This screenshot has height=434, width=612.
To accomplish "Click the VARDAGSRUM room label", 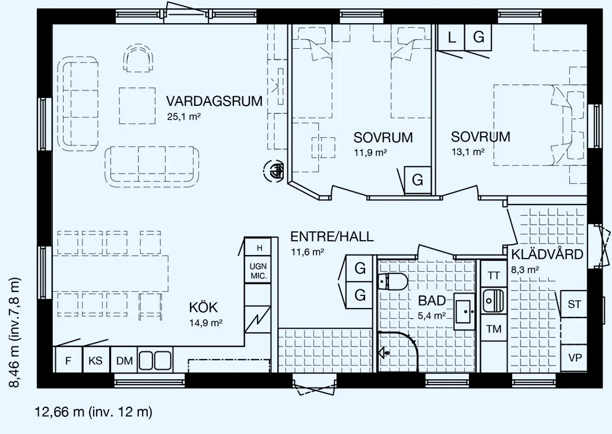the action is (x=214, y=101).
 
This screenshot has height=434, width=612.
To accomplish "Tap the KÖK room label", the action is (x=204, y=307).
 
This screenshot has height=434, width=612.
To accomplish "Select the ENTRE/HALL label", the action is (x=332, y=237).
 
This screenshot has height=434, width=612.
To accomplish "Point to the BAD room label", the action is (x=432, y=301).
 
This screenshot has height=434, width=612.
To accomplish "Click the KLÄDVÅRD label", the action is (x=547, y=254).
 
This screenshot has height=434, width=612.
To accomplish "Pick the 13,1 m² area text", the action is (x=468, y=152).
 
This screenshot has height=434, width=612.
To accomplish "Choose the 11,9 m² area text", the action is (x=370, y=152).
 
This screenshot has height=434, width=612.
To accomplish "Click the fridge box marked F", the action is (x=68, y=360).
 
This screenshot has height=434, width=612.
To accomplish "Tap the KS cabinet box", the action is (x=96, y=360).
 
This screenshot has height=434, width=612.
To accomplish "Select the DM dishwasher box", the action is (x=125, y=360).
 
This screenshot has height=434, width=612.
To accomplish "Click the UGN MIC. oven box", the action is (x=258, y=270).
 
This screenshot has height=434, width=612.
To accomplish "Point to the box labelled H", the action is (x=258, y=247).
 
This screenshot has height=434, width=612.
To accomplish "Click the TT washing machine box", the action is (x=494, y=275).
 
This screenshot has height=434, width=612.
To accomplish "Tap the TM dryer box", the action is (x=494, y=329).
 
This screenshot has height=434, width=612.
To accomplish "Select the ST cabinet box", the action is (x=574, y=304).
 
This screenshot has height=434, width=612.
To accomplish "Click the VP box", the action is (x=574, y=358).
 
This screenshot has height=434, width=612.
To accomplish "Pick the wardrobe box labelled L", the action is (x=451, y=37).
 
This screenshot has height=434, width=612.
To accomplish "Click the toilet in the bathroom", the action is (x=393, y=281).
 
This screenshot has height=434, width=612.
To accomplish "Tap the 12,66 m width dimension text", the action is (x=94, y=412).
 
